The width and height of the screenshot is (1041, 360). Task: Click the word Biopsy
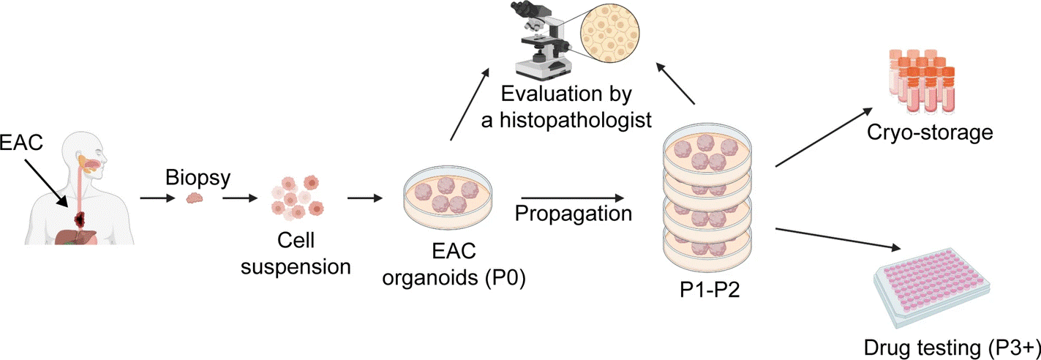192,179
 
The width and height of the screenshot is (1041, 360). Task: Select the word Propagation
573,214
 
